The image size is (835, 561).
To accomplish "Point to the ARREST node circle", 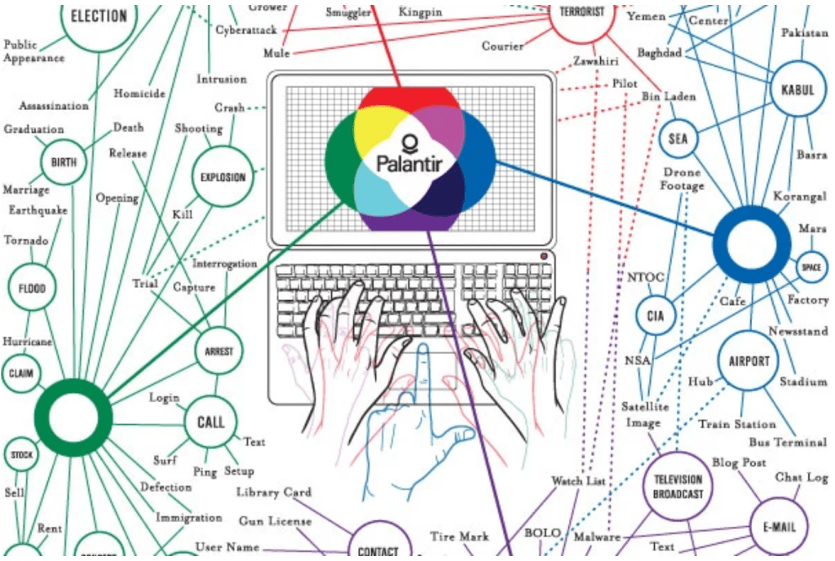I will [x=219, y=352].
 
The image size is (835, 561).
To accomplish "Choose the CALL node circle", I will [x=210, y=422].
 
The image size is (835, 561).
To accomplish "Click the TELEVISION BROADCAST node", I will [x=678, y=486].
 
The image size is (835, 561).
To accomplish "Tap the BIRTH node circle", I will [x=64, y=162].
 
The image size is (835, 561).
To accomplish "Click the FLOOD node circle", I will [x=33, y=289].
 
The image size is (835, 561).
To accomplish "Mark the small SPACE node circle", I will [x=810, y=267].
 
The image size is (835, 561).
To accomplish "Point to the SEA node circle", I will [x=678, y=139].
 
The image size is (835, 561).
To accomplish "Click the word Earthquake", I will [x=38, y=210].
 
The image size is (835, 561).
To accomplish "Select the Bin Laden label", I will [x=669, y=96].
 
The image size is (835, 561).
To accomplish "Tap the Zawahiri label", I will [x=594, y=61].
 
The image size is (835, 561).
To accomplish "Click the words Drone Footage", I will [x=683, y=179].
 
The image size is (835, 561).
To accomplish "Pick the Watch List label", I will [x=577, y=481].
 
